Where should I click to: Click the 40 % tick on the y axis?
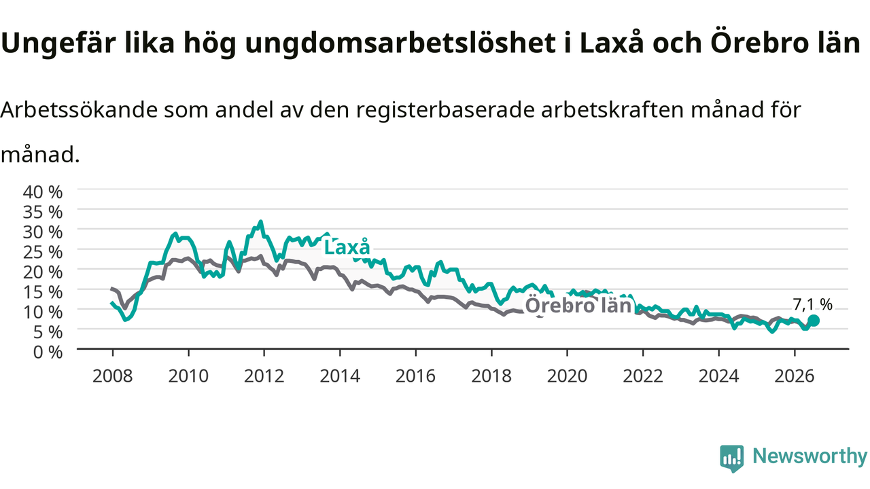click(43, 192)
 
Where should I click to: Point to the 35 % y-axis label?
click(43, 213)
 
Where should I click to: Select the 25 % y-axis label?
click(43, 252)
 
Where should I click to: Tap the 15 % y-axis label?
click(43, 292)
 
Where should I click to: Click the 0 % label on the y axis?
click(48, 352)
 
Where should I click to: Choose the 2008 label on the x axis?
click(113, 376)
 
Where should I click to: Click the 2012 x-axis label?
click(264, 376)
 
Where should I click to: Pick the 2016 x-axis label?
click(415, 376)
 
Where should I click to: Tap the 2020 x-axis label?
click(567, 376)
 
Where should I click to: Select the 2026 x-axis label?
click(795, 376)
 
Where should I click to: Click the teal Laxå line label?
click(347, 247)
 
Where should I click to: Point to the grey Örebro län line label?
click(578, 306)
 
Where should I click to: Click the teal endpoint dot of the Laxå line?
click(814, 321)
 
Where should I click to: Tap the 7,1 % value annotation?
click(812, 304)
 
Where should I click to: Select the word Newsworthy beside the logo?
click(810, 456)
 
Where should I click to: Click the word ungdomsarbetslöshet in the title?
click(400, 43)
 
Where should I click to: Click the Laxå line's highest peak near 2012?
click(261, 221)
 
